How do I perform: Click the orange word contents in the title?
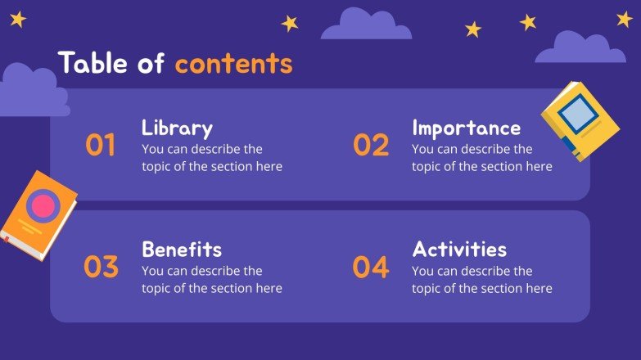coord(233,63)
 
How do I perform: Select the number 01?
coord(101,146)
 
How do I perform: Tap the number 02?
coord(371,146)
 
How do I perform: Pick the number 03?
coord(101,268)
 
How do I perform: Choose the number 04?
coord(371,268)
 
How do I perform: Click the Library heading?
coord(177,128)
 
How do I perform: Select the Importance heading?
coord(466,128)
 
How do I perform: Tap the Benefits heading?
coord(182,250)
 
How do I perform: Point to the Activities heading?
coord(459,250)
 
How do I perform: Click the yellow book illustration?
coord(580,120)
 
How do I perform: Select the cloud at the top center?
coord(366,25)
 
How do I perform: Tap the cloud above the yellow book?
coord(580,48)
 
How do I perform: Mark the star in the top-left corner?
coord(17,19)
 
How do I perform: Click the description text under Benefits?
coord(211,279)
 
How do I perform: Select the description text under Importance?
coord(481,158)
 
